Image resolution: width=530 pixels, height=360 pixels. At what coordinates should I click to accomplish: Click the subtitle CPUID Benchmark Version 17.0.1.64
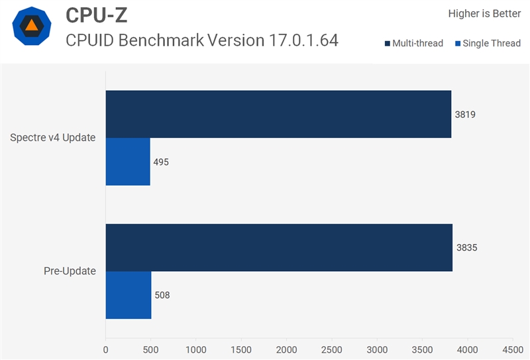202,40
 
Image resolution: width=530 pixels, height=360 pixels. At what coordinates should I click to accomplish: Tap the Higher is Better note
484,13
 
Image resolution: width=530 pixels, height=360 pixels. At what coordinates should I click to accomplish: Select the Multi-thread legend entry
413,44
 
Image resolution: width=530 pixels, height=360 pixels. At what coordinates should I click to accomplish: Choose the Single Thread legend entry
488,44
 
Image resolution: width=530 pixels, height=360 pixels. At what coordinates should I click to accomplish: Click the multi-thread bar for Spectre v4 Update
278,114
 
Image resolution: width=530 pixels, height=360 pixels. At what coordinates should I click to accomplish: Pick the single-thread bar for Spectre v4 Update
128,162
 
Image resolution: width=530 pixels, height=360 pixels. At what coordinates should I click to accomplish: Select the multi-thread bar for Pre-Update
279,247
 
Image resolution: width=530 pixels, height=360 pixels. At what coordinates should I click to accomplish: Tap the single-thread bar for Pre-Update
129,295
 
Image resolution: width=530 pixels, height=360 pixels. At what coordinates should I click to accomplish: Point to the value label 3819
465,114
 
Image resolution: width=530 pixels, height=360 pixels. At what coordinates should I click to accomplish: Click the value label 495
161,162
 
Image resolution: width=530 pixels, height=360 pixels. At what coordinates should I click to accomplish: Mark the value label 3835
466,247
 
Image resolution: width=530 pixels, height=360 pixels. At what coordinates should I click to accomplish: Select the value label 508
162,295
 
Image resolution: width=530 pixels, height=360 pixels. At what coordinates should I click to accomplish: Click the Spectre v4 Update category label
52,138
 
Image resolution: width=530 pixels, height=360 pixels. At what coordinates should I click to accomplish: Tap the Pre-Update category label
70,271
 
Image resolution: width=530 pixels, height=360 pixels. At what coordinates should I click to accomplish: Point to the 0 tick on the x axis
106,348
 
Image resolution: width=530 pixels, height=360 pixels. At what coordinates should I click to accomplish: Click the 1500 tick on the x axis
241,348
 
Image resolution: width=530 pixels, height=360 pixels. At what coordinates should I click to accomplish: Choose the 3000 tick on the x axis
377,348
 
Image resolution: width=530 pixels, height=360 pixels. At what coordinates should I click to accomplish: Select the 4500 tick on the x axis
512,348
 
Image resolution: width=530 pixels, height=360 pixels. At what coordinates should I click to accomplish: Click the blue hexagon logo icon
32,26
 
